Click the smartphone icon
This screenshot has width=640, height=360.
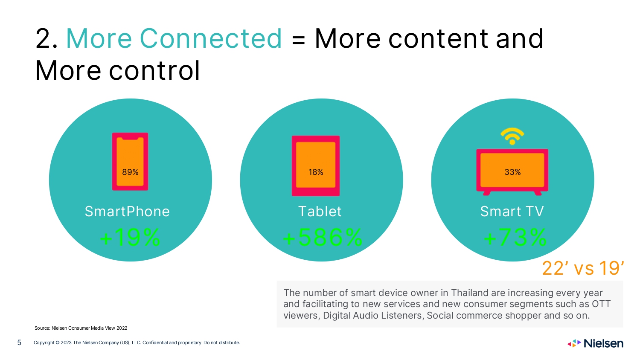coord(130,161)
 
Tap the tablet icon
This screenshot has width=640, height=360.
coord(316,166)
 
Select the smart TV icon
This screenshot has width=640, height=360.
coord(512,172)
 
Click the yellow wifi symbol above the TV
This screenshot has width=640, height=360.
coord(512,136)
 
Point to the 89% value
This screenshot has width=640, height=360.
coord(130,172)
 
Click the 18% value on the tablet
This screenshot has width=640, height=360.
coord(316,172)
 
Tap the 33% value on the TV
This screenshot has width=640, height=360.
coord(512,172)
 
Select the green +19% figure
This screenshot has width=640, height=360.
coord(130,238)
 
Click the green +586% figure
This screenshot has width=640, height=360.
coord(323,238)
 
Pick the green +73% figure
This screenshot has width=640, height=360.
coord(515,238)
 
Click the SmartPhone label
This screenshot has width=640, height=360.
coord(127,212)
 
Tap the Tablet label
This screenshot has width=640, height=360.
coord(320,212)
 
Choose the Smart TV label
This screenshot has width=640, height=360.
coord(512,212)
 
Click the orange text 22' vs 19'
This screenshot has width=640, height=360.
coord(583,268)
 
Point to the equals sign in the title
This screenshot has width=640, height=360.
coord(298,40)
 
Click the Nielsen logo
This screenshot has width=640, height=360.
coord(595,343)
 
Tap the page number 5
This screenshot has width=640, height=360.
coord(19,343)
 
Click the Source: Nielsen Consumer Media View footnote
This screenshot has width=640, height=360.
coord(81,328)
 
